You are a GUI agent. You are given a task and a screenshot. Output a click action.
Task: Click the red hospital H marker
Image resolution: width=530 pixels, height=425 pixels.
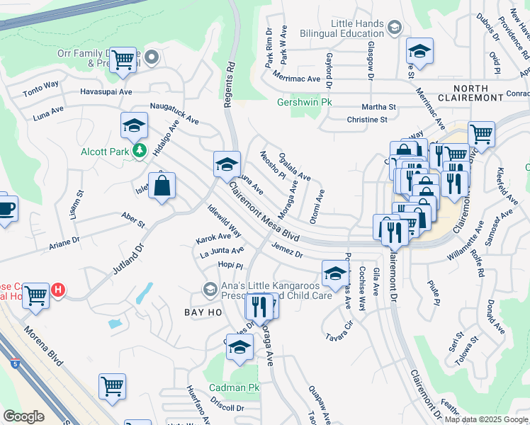(60, 290)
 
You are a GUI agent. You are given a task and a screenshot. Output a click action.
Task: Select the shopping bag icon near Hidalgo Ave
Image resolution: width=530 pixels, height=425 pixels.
(162, 186)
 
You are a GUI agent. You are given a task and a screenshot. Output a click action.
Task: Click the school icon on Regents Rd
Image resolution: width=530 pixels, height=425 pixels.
(227, 164)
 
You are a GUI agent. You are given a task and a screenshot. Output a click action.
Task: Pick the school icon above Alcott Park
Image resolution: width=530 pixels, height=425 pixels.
(133, 125)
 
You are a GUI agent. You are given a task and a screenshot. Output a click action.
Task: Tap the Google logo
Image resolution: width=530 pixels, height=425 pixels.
(23, 416)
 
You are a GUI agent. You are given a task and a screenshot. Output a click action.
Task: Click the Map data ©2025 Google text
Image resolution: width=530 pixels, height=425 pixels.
(485, 419)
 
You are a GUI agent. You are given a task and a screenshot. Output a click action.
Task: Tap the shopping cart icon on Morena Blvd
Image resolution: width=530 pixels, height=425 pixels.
(112, 386)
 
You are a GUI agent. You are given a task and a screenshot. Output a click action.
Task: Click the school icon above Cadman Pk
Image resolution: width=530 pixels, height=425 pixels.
(240, 347)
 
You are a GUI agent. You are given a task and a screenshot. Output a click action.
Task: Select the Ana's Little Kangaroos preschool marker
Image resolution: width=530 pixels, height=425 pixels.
(210, 289)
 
